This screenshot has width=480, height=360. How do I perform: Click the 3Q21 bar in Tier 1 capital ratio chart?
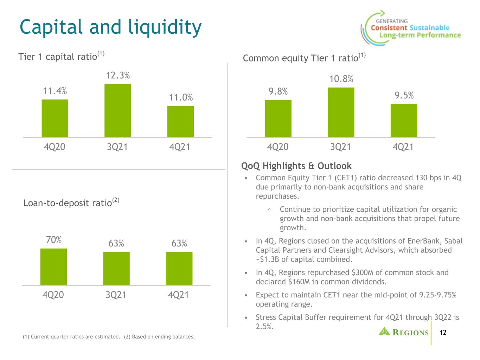tap(118, 111)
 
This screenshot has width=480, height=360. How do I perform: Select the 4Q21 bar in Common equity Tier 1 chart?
tap(404, 121)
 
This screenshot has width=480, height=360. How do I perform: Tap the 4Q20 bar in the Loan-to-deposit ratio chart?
tap(53, 267)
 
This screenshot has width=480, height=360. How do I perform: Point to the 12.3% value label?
tap(118, 75)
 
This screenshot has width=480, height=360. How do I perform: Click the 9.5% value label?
tap(404, 95)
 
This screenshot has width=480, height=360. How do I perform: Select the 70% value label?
tap(53, 240)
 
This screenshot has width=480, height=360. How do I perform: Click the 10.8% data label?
tap(341, 79)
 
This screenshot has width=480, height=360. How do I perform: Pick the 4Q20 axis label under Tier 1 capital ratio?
tap(55, 147)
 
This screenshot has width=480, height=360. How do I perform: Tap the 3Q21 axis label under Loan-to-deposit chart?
tap(116, 295)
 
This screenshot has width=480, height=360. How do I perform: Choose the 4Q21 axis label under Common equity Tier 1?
tap(403, 147)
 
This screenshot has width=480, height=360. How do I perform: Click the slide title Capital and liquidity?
tap(110, 28)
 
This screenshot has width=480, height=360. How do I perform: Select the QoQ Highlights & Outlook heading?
tap(296, 166)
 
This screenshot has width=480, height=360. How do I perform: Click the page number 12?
tap(443, 333)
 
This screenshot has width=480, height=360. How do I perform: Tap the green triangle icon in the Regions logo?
tap(384, 332)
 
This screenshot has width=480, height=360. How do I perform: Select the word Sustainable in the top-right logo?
tap(429, 28)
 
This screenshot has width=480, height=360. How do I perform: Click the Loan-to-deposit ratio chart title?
tap(71, 202)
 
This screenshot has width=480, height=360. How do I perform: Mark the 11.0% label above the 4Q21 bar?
tap(181, 97)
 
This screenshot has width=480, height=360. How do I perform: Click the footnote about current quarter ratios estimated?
tap(71, 336)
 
